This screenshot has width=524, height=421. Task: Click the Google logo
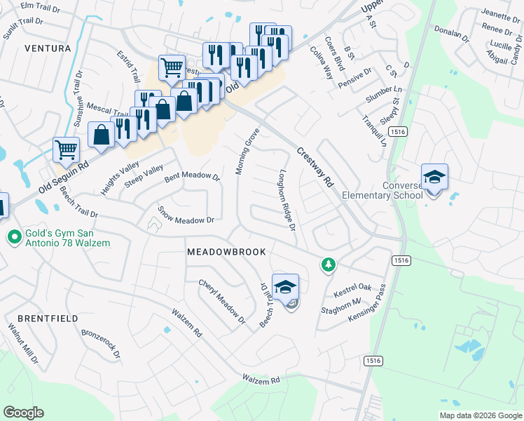(x=23, y=413)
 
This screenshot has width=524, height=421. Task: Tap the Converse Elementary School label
(x=382, y=190)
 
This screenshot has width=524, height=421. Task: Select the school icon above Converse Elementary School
(x=434, y=177)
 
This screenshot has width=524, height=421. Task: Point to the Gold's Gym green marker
(x=13, y=238)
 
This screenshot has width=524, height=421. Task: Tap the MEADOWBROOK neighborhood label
(x=226, y=251)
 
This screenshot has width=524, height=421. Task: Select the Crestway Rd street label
(x=315, y=166)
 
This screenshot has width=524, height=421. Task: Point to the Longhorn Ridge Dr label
(x=288, y=200)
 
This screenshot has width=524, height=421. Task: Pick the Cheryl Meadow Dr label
(x=222, y=302)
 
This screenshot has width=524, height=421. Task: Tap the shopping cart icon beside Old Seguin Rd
(x=66, y=149)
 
